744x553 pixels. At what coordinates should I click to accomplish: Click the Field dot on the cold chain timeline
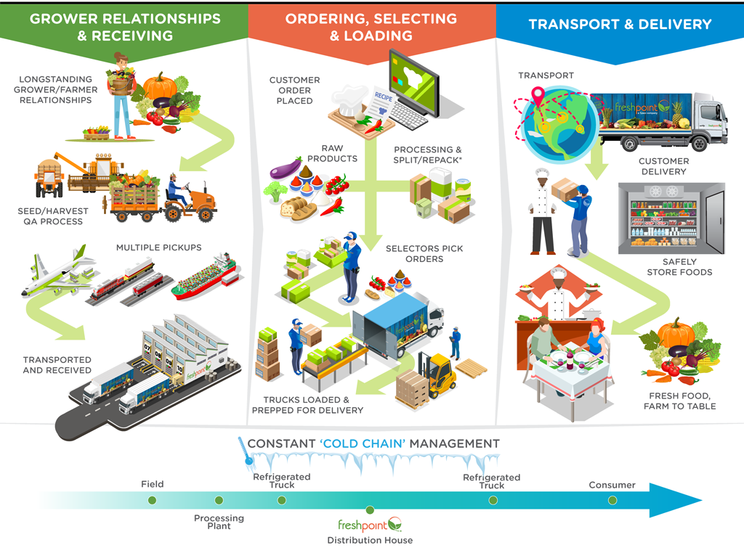(x=152, y=500)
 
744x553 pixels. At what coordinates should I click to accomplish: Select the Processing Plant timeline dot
(x=219, y=500)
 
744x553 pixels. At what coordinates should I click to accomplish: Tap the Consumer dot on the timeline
(x=612, y=500)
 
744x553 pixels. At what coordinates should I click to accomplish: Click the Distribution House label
(x=370, y=540)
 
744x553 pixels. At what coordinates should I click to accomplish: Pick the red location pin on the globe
(x=538, y=95)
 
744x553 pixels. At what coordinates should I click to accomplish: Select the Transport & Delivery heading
(x=620, y=24)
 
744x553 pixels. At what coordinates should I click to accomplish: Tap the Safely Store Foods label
(x=679, y=266)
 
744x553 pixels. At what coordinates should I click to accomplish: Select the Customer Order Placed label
(x=294, y=90)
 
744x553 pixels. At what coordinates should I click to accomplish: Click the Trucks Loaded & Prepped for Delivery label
(x=307, y=405)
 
